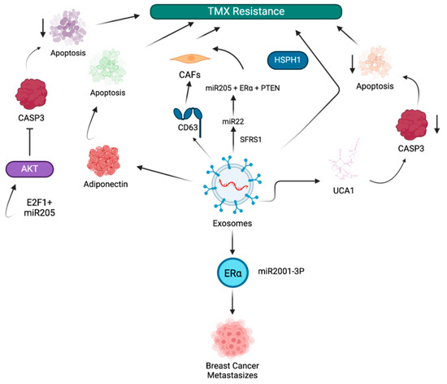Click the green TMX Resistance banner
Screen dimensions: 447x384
pyautogui.click(x=245, y=11)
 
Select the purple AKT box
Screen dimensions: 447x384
pyautogui.click(x=29, y=169)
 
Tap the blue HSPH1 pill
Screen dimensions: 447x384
pyautogui.click(x=288, y=60)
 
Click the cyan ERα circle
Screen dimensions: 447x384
pyautogui.click(x=232, y=273)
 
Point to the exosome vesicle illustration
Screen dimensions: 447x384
pyautogui.click(x=233, y=185)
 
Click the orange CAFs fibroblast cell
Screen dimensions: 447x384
pyautogui.click(x=190, y=59)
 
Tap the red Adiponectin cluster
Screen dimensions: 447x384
pyautogui.click(x=103, y=161)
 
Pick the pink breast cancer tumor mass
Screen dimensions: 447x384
pyautogui.click(x=232, y=338)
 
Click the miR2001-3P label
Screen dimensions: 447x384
pyautogui.click(x=281, y=271)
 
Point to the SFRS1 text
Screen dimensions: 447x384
pyautogui.click(x=250, y=139)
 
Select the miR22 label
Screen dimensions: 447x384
pyautogui.click(x=233, y=122)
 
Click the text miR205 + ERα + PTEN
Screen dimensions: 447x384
pyautogui.click(x=243, y=88)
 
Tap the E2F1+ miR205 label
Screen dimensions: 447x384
pyautogui.click(x=39, y=207)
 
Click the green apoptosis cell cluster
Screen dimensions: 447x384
pyautogui.click(x=107, y=68)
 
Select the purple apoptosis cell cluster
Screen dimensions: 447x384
pyautogui.click(x=67, y=28)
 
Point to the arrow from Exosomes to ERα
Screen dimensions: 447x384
pyautogui.click(x=232, y=242)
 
